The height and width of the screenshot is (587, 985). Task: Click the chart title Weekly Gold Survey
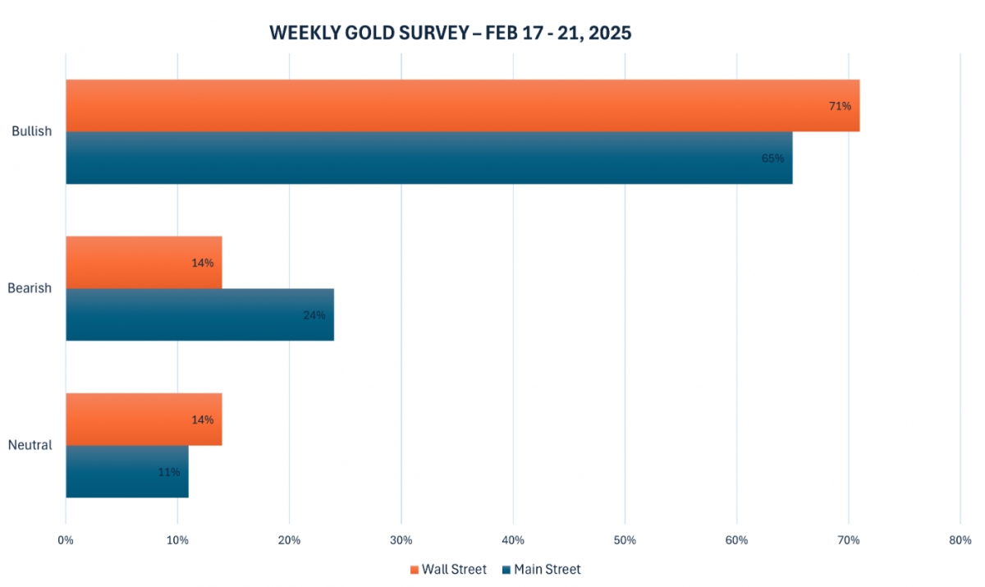pyautogui.click(x=450, y=33)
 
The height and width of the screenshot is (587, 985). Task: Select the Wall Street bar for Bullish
pyautogui.click(x=462, y=105)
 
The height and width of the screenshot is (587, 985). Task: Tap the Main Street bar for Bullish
pyautogui.click(x=428, y=158)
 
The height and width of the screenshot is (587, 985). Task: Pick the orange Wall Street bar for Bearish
pyautogui.click(x=144, y=263)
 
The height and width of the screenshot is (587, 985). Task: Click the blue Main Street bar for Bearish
pyautogui.click(x=199, y=314)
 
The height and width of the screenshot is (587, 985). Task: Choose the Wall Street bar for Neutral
pyautogui.click(x=144, y=420)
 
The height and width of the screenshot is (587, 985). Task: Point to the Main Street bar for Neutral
pyautogui.click(x=127, y=471)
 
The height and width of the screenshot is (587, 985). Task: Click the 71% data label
pyautogui.click(x=840, y=106)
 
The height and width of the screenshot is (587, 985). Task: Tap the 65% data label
pyautogui.click(x=772, y=158)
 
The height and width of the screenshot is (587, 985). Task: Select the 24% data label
pyautogui.click(x=314, y=314)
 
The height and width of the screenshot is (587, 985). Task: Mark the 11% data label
pyautogui.click(x=168, y=472)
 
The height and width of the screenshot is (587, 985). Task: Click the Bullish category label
pyautogui.click(x=31, y=131)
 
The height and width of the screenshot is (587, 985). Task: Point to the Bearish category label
pyautogui.click(x=30, y=288)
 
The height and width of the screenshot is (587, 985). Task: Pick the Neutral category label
pyautogui.click(x=30, y=445)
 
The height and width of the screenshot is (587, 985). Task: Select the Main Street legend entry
pyautogui.click(x=541, y=569)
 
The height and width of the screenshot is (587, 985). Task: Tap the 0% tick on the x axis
pyautogui.click(x=66, y=540)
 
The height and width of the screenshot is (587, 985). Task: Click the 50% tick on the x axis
pyautogui.click(x=625, y=540)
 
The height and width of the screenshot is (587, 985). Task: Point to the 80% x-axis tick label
pyautogui.click(x=960, y=540)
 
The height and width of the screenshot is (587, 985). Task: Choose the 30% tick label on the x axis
pyautogui.click(x=401, y=540)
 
